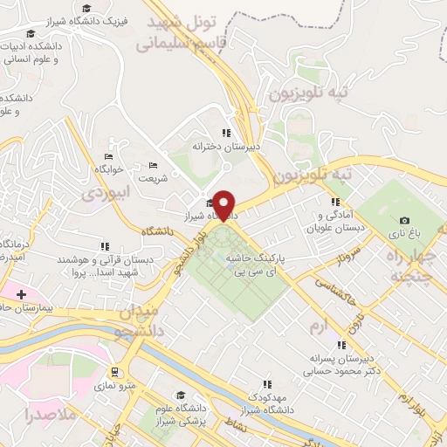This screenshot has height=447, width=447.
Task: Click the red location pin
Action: [225, 204]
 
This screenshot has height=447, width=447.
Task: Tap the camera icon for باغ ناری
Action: [404, 220]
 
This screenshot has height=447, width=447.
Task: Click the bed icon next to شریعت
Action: [154, 165]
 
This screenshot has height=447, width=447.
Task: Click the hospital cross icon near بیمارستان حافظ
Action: [20, 294]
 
